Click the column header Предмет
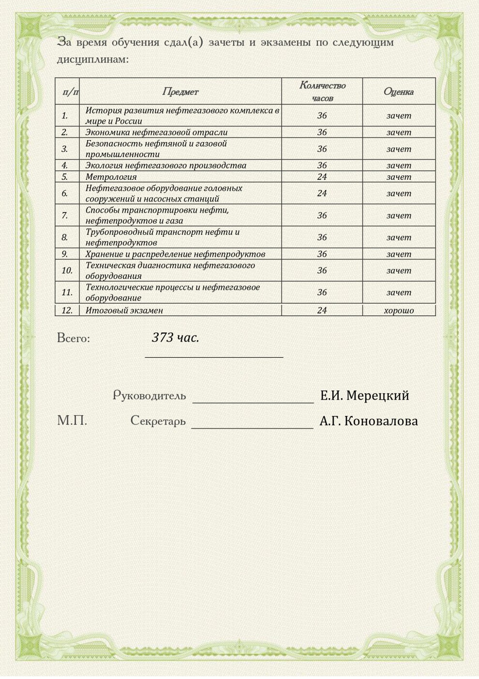click(x=180, y=91)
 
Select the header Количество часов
click(x=322, y=91)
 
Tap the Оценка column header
click(x=399, y=91)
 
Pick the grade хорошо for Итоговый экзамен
click(x=399, y=311)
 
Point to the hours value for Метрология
click(x=322, y=177)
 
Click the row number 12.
click(x=67, y=311)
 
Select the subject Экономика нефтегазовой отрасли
click(x=156, y=132)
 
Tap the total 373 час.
click(x=175, y=337)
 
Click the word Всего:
click(x=74, y=338)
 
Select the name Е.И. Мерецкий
click(x=364, y=396)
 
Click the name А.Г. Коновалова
click(x=368, y=421)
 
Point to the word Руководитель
click(x=150, y=396)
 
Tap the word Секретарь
click(x=158, y=421)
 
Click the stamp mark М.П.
click(x=72, y=421)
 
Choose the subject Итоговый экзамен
click(x=124, y=311)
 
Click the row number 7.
click(x=64, y=216)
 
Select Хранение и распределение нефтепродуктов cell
click(x=175, y=254)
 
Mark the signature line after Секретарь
click(x=252, y=427)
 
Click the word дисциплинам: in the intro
click(x=93, y=60)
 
